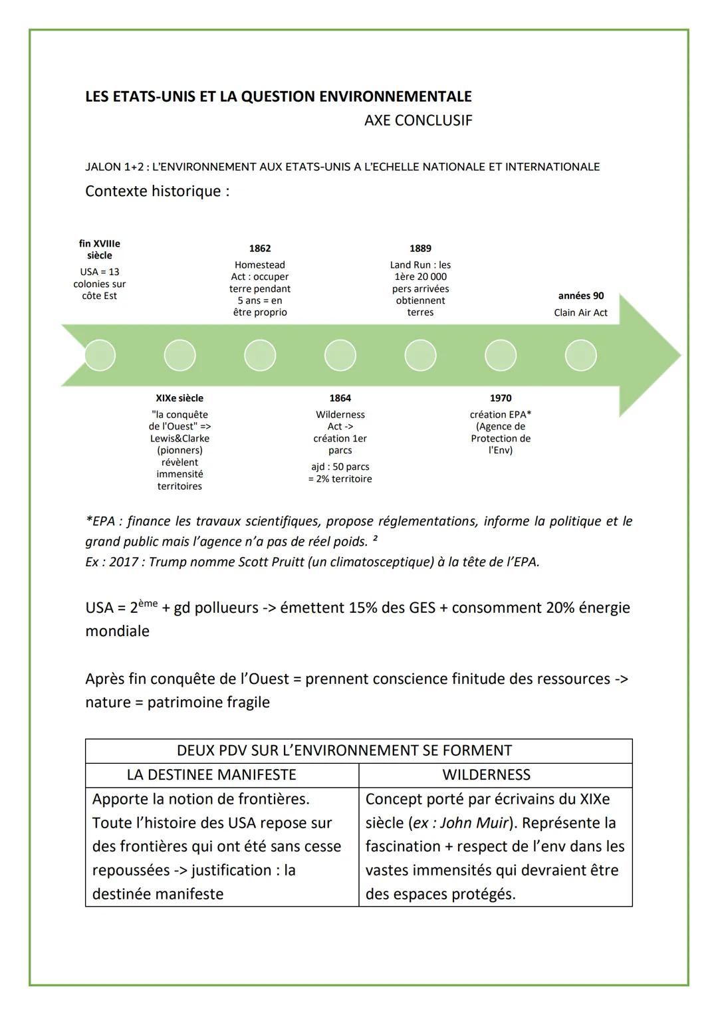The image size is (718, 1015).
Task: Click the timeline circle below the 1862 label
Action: (260, 356)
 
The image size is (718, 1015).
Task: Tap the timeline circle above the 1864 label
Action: (340, 356)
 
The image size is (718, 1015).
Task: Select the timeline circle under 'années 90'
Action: (580, 356)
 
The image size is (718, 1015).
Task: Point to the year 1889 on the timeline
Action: (420, 249)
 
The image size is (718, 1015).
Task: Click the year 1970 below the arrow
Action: (501, 398)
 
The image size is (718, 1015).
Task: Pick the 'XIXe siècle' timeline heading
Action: (179, 398)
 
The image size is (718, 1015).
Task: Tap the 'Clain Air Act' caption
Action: (580, 313)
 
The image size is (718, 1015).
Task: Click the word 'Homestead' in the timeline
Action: (260, 265)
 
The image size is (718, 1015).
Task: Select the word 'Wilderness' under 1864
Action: (340, 415)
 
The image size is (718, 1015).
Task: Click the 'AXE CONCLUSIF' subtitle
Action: (418, 120)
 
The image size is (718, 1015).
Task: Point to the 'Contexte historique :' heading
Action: (158, 191)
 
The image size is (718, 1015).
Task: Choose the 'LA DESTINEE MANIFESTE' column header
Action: (211, 775)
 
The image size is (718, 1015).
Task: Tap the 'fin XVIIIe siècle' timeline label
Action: (100, 250)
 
